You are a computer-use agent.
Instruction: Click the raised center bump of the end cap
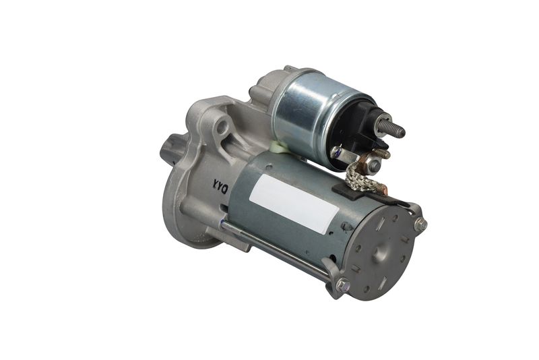(x=381, y=253)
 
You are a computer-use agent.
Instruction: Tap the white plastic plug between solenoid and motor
(x=276, y=148)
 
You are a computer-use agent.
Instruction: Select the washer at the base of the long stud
(x=379, y=124)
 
